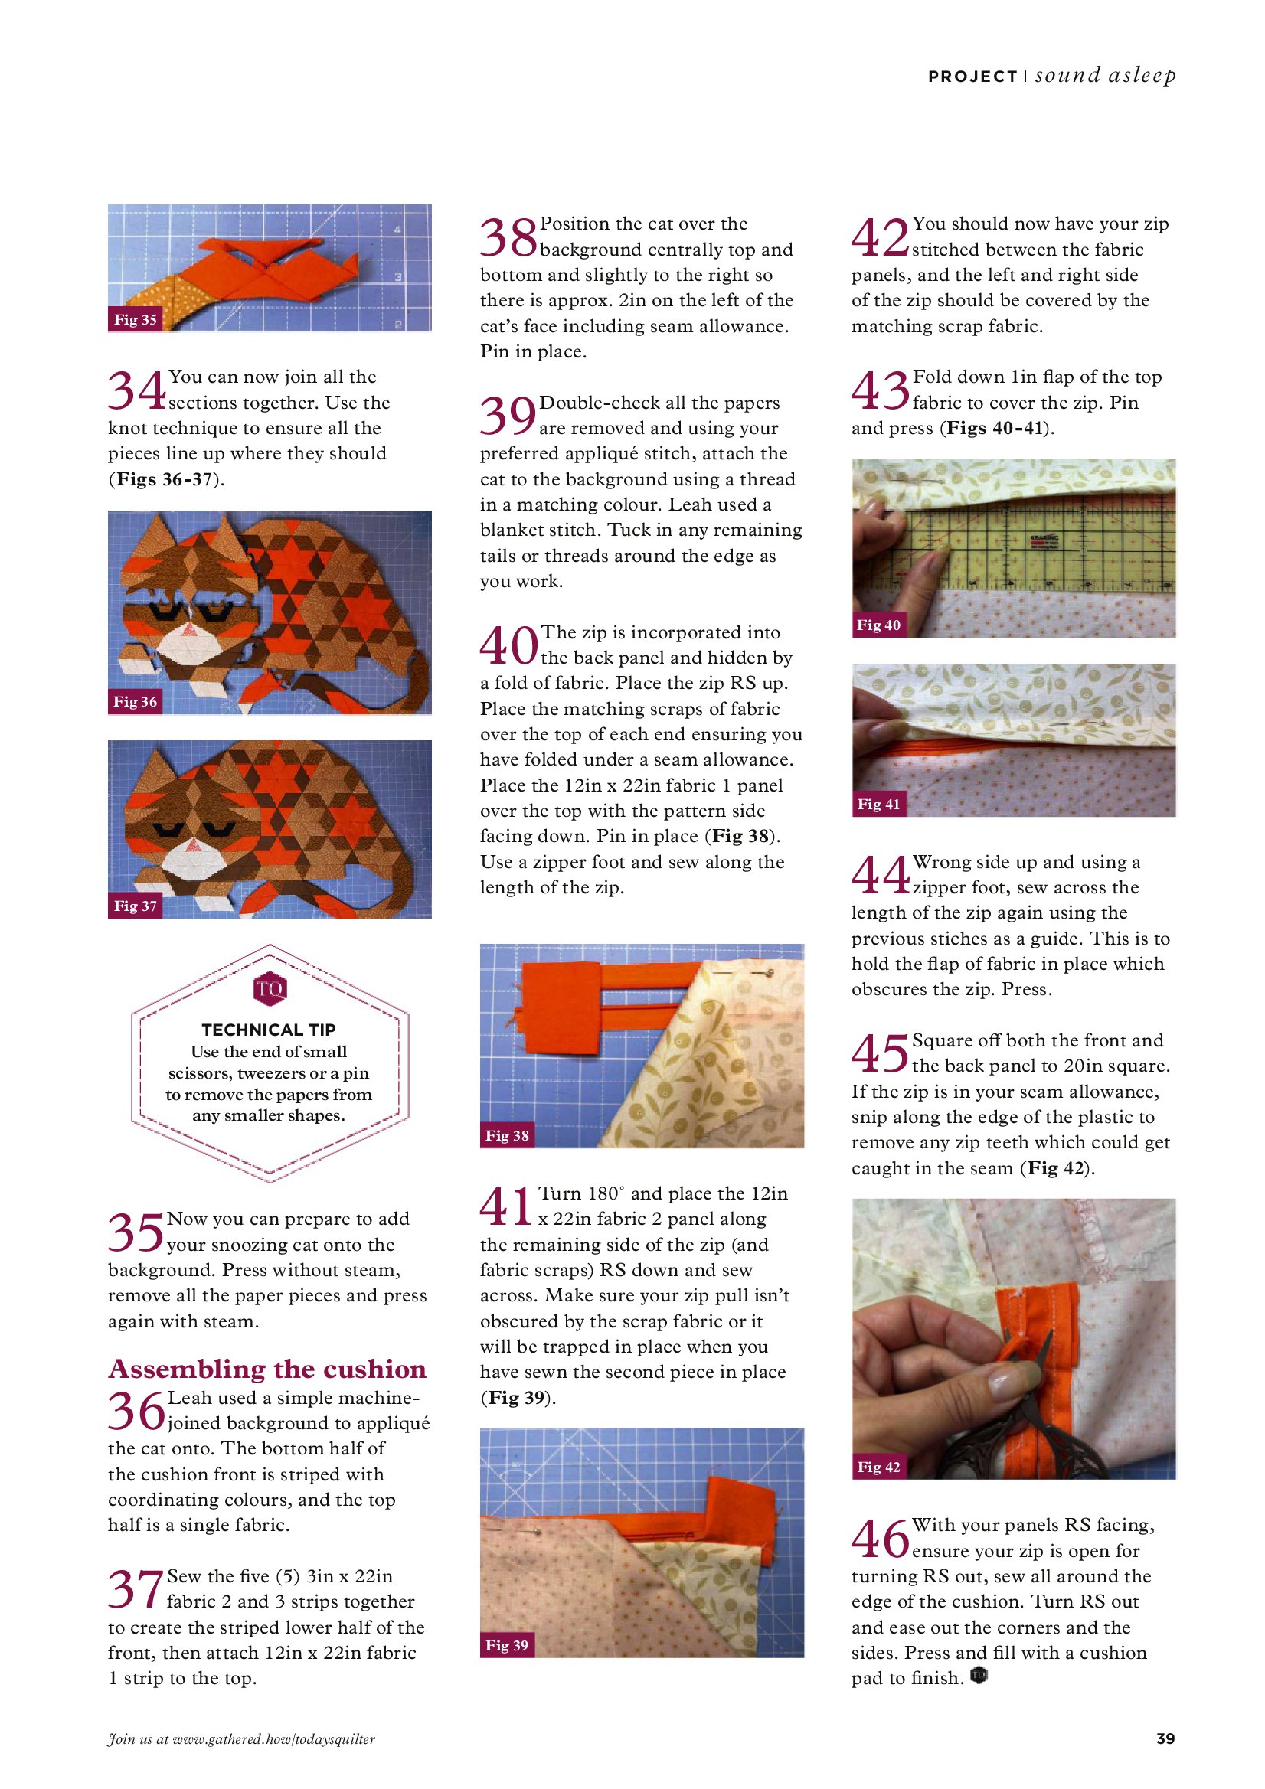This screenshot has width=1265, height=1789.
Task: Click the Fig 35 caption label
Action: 135,319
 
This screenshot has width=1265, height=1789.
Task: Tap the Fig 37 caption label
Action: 135,906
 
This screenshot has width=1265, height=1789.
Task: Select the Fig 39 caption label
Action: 507,1646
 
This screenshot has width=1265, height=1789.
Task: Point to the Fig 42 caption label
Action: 878,1467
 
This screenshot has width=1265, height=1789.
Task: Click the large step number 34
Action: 136,390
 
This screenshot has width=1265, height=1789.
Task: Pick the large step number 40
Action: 508,646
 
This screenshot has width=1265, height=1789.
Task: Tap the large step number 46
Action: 880,1538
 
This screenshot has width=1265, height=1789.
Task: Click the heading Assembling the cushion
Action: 267,1369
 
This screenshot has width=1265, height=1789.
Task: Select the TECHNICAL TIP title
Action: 269,1030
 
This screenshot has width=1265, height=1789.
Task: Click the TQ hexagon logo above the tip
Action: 270,989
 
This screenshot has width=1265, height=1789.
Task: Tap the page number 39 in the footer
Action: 1165,1738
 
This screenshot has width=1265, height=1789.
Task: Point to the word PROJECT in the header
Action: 972,77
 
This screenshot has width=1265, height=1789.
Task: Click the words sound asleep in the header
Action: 1105,76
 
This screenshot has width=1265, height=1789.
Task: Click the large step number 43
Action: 880,390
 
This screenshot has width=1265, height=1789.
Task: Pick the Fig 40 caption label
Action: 878,625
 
